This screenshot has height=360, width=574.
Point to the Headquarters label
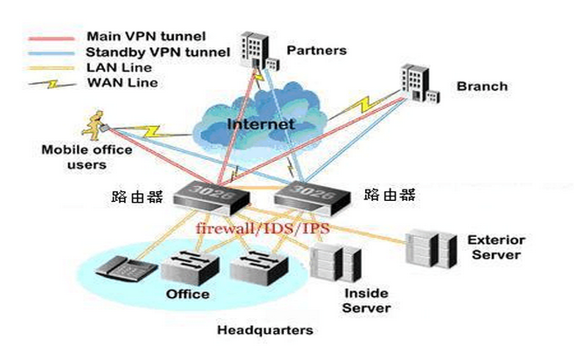(x=265, y=330)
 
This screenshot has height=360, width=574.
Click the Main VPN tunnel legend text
(x=146, y=37)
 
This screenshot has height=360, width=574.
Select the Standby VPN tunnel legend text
(x=158, y=52)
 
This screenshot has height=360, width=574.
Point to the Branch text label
(x=481, y=87)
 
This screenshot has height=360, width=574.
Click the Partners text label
(x=316, y=50)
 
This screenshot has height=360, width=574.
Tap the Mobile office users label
(x=86, y=156)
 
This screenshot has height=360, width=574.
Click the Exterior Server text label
(x=494, y=246)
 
